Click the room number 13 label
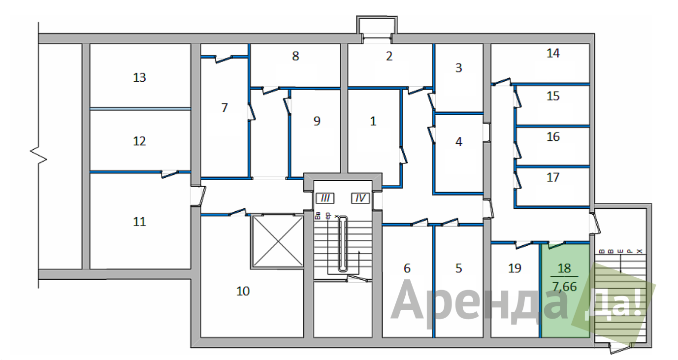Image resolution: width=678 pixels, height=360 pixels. (x=139, y=77)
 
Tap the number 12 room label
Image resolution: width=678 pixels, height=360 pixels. (x=139, y=141)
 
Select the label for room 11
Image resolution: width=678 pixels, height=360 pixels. (x=139, y=222)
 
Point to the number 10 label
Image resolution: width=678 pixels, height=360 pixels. (x=243, y=291)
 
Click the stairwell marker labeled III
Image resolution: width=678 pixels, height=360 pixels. (x=325, y=198)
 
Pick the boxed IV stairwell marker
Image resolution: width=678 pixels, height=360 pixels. (x=360, y=198)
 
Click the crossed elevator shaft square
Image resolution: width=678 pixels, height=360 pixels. (x=277, y=241)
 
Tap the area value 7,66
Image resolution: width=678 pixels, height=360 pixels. (x=564, y=287)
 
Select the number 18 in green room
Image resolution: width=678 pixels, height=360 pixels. (x=564, y=268)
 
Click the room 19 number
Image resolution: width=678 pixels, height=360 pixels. (x=515, y=268)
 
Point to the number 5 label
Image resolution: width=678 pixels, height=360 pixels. (x=458, y=268)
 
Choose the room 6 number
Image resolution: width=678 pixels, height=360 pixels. (x=407, y=268)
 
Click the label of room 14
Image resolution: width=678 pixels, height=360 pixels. (x=553, y=53)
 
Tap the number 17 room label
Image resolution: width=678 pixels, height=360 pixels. (x=553, y=177)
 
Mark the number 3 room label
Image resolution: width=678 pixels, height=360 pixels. (x=458, y=68)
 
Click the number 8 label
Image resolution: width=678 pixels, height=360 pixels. (x=295, y=56)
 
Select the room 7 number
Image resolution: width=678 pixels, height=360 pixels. (x=225, y=108)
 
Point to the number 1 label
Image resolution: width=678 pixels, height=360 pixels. (x=373, y=121)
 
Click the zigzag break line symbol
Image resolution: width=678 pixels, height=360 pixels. (x=38, y=155)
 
